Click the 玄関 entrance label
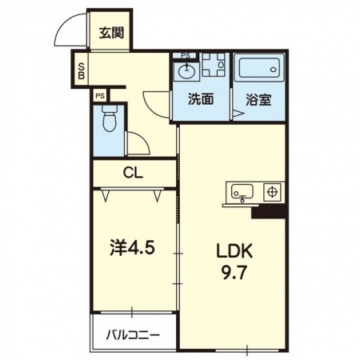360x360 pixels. tap(112, 33)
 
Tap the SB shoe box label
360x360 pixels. tap(81, 71)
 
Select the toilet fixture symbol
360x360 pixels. tap(109, 118)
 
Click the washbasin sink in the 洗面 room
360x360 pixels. tap(186, 71)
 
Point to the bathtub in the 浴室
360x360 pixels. tap(259, 67)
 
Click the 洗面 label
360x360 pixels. tap(201, 99)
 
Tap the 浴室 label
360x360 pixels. tap(258, 99)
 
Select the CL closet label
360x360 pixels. tap(133, 174)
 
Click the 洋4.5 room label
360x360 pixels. tap(132, 249)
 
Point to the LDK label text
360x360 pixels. tap(234, 251)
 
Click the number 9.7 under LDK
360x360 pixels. tap(234, 273)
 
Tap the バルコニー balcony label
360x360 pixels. tap(133, 335)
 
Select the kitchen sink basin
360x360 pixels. tap(242, 191)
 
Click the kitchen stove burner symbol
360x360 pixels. tap(272, 192)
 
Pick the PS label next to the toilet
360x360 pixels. tap(100, 96)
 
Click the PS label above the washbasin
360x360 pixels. tap(186, 56)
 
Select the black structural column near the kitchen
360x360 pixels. tap(269, 213)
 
